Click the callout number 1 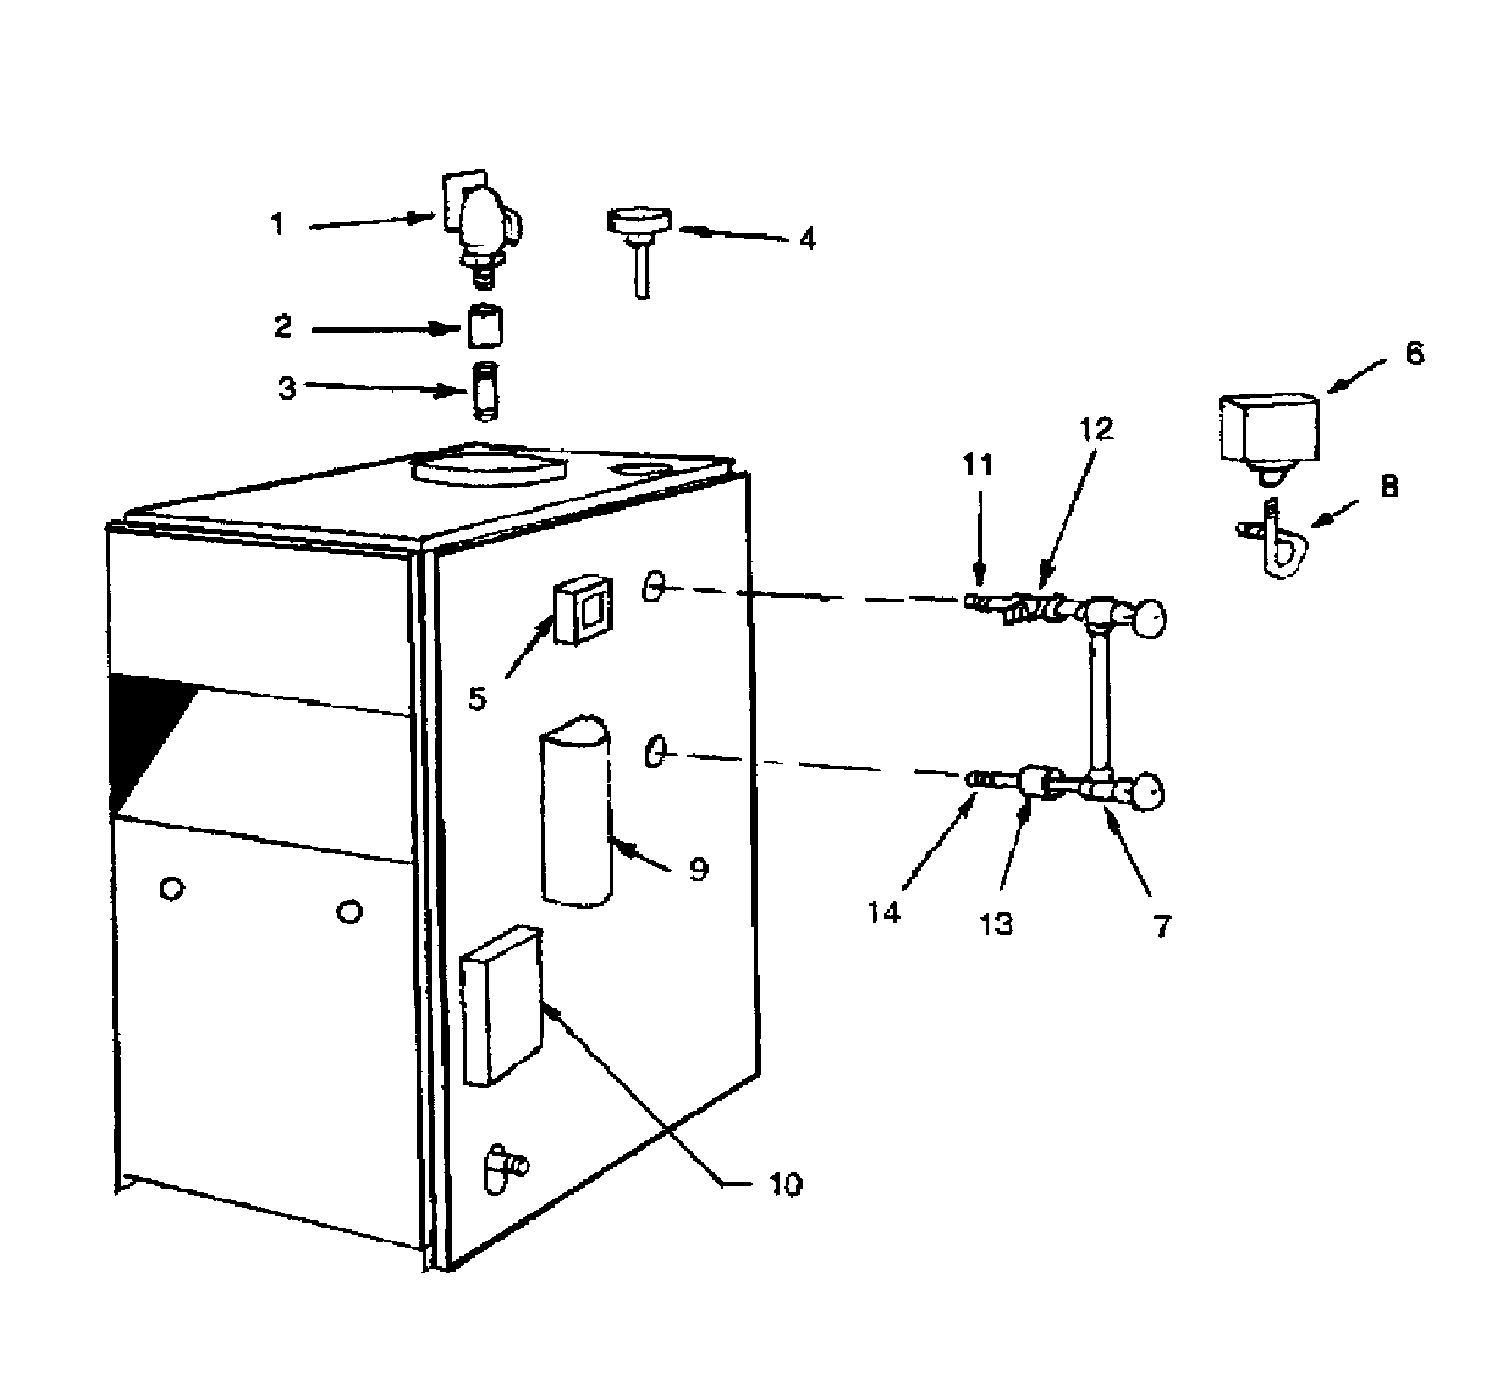tap(277, 224)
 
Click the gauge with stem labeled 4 tap(639, 239)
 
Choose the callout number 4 tap(807, 239)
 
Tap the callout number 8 tap(1388, 487)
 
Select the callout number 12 tap(1096, 429)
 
